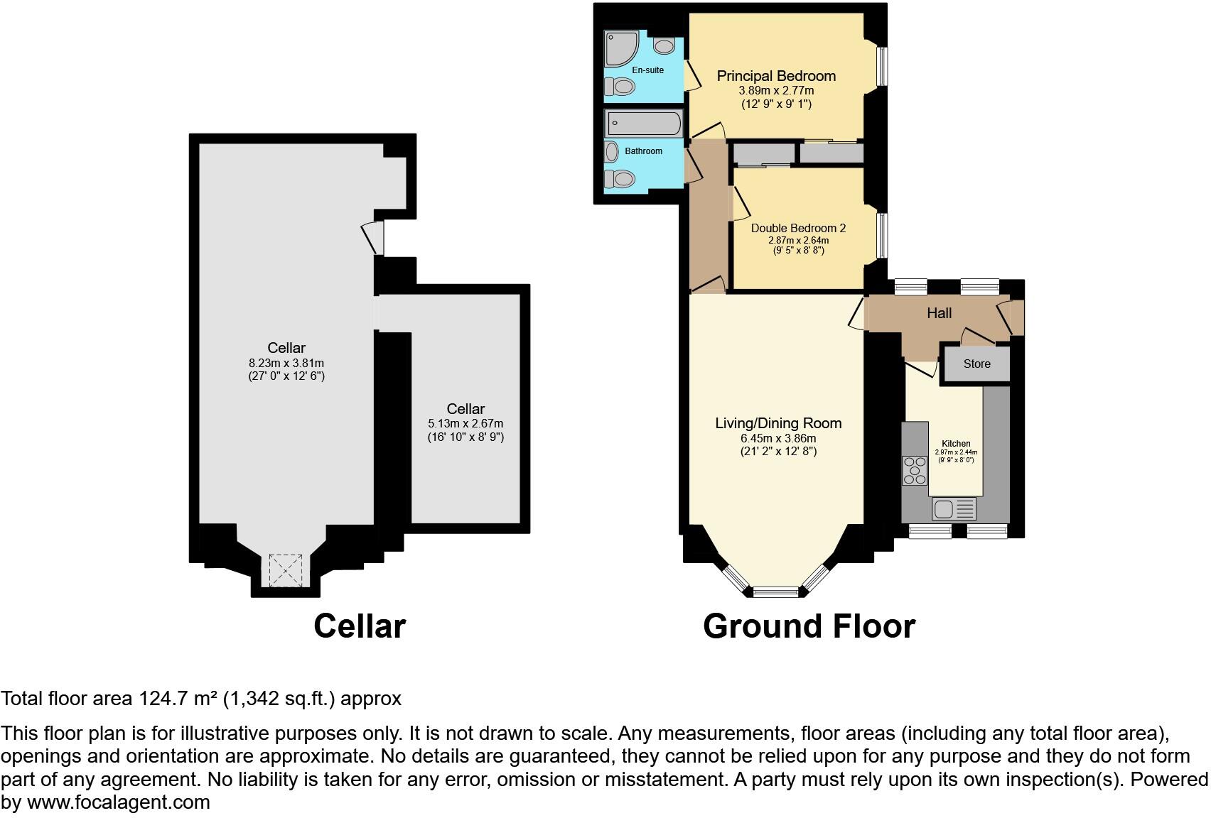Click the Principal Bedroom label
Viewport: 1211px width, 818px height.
(x=776, y=76)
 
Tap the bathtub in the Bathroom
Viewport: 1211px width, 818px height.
(x=644, y=124)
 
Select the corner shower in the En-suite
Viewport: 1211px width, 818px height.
(x=620, y=48)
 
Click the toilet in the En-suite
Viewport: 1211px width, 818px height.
(x=620, y=87)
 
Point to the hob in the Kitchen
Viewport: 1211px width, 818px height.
(x=915, y=471)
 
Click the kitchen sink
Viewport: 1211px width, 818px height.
(x=953, y=508)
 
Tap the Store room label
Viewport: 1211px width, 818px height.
(x=976, y=364)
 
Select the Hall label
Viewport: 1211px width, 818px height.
(x=939, y=313)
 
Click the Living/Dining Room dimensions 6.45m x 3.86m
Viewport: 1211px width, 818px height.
(x=778, y=438)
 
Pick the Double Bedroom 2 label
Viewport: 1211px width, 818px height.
(x=798, y=229)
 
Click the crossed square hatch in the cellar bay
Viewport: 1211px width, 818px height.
(x=286, y=569)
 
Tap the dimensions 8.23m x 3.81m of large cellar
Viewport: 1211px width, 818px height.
(x=286, y=363)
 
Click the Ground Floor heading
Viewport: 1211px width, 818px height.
(x=809, y=626)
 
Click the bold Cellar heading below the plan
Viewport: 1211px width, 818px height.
(x=360, y=626)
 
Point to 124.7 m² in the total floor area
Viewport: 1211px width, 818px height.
(x=177, y=699)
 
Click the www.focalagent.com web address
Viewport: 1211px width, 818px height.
(x=119, y=802)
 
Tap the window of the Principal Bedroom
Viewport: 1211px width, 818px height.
(x=881, y=67)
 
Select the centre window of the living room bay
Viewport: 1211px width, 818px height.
(x=776, y=591)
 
